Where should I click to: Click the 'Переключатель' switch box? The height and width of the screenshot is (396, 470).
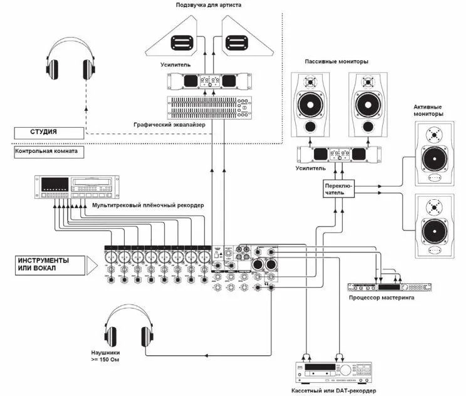point(339,189)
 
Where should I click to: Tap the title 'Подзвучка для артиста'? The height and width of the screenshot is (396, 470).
point(209,6)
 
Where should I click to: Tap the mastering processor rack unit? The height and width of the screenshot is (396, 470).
point(390,288)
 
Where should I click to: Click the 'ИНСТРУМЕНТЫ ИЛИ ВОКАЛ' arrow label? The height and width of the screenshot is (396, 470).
point(48,264)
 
